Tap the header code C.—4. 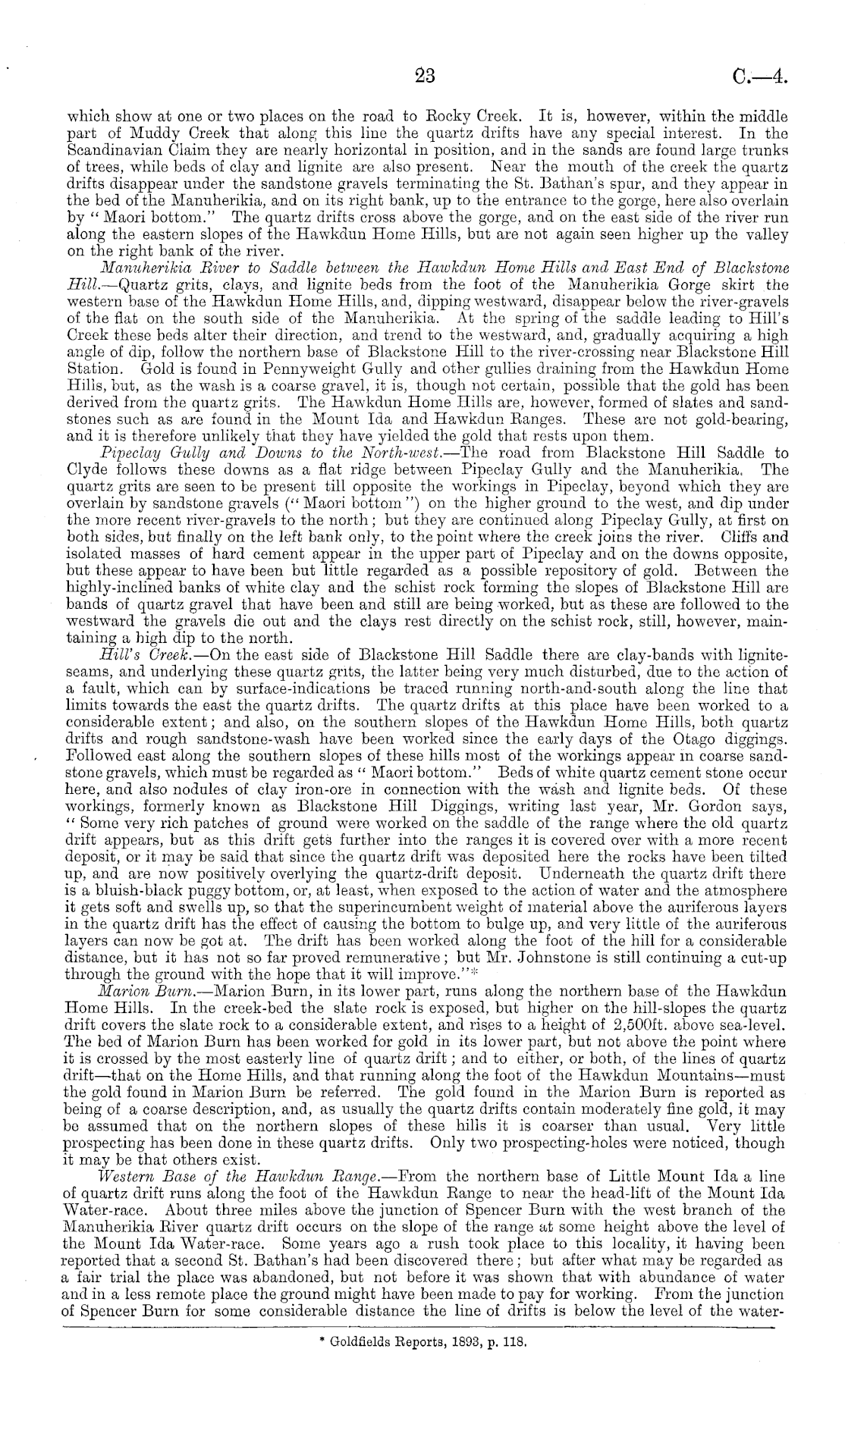pyautogui.click(x=762, y=75)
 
